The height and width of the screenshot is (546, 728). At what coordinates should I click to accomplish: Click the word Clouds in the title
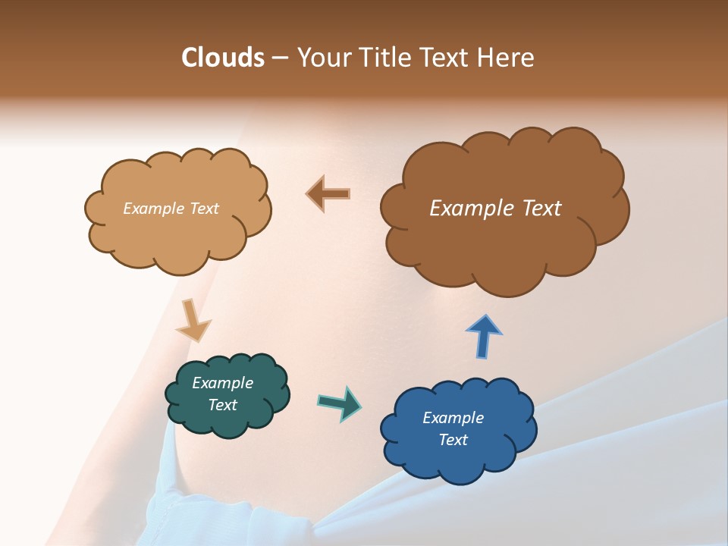(x=222, y=58)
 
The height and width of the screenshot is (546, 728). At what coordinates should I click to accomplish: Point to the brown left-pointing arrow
(x=328, y=193)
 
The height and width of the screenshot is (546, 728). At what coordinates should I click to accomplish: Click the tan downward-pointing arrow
(x=193, y=322)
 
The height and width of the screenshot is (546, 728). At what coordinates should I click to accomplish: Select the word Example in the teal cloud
(x=222, y=383)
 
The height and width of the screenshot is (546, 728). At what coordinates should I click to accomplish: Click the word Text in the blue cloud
(x=453, y=440)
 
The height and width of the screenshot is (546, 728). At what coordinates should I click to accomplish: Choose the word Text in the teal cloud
(x=222, y=405)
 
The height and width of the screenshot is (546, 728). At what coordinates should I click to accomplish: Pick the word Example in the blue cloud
(x=453, y=418)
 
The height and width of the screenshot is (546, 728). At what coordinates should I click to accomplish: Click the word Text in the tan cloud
(x=202, y=209)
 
